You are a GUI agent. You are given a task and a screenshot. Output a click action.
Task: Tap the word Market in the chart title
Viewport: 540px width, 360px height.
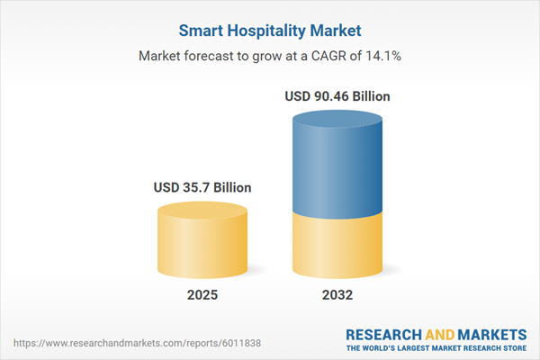(x=335, y=29)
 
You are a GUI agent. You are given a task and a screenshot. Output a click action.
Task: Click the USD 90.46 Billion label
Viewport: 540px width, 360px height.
(x=338, y=95)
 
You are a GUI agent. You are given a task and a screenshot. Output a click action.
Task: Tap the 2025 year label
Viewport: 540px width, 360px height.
(x=202, y=295)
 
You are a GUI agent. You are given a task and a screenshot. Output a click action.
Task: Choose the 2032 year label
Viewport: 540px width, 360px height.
(x=337, y=295)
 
